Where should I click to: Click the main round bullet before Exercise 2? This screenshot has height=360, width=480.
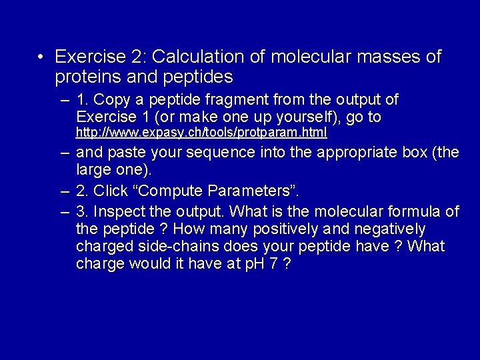click(41, 57)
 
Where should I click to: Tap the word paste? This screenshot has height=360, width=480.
click(127, 152)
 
